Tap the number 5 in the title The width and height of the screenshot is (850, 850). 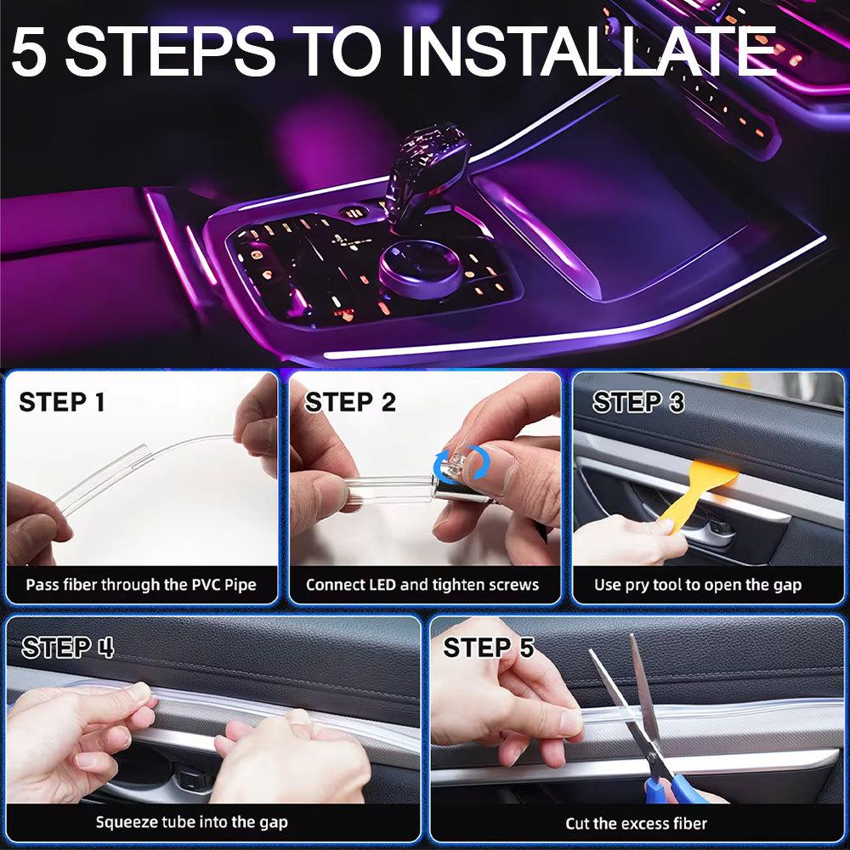(x=28, y=51)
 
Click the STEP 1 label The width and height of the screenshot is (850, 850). (x=62, y=402)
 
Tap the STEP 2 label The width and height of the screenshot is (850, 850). (x=350, y=402)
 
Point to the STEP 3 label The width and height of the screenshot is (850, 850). (x=638, y=402)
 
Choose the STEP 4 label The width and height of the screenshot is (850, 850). (x=68, y=647)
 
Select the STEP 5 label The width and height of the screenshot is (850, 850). (x=489, y=647)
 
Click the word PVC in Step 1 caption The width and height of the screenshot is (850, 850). (x=206, y=585)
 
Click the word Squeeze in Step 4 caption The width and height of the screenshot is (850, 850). (x=122, y=823)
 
